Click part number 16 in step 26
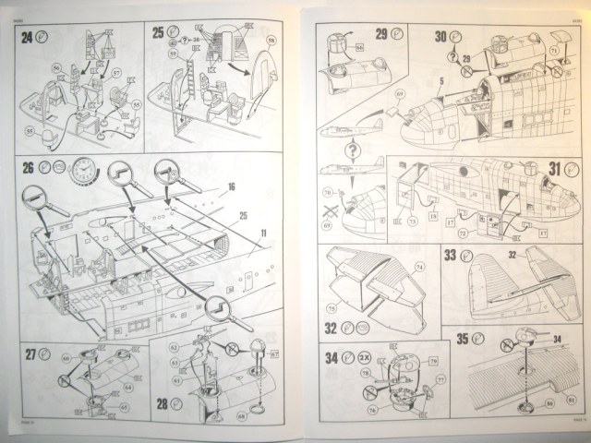231,186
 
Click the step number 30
441,35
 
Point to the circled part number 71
554,49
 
